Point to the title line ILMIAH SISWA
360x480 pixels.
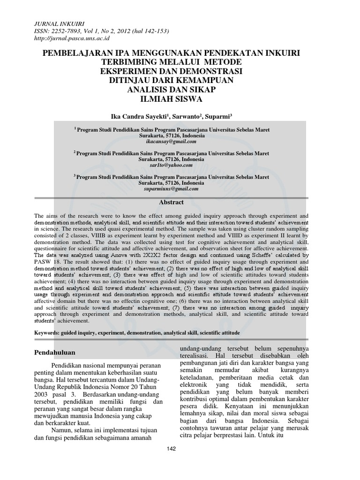[x=180, y=99]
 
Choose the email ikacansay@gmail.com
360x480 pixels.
[x=172, y=141]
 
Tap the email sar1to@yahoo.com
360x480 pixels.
[x=172, y=165]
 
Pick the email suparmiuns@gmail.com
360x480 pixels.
[x=172, y=189]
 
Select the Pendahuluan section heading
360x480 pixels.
[x=59, y=352]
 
